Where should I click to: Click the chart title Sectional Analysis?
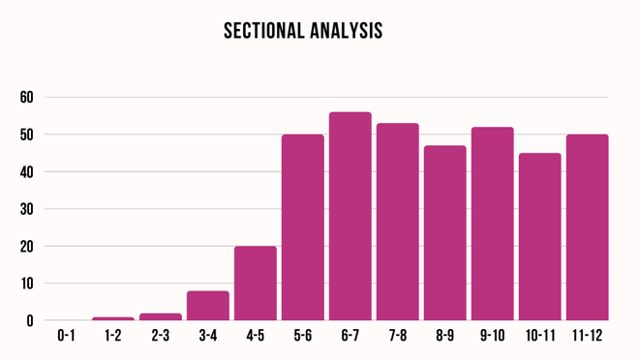click(x=303, y=31)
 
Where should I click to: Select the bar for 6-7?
click(x=350, y=216)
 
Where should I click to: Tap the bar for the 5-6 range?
click(x=303, y=227)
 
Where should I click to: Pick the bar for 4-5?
click(x=256, y=283)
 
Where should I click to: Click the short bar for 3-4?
click(x=208, y=306)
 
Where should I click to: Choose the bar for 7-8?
click(x=398, y=222)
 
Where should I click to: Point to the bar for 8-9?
click(x=445, y=232)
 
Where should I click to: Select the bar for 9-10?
click(x=493, y=224)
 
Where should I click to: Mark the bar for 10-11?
click(x=539, y=236)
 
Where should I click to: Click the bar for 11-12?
click(x=587, y=227)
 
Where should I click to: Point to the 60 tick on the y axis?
click(x=26, y=98)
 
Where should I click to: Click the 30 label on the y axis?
click(x=26, y=209)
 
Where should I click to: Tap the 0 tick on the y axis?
click(x=30, y=320)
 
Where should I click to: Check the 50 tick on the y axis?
click(x=26, y=135)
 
